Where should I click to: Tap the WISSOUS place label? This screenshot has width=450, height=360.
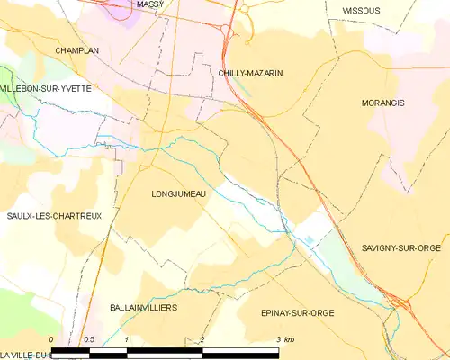[x=361, y=11]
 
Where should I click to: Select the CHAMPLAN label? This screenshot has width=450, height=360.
[x=76, y=51]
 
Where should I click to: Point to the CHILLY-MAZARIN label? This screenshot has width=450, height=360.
[x=250, y=72]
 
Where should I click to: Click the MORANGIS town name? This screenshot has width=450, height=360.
[x=382, y=103]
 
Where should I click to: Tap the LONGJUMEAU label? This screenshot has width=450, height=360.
[x=180, y=193]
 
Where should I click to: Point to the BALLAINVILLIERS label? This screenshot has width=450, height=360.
[x=143, y=308]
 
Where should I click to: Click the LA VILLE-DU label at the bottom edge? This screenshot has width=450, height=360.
[x=24, y=355]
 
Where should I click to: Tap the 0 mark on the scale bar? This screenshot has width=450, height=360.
[x=51, y=339]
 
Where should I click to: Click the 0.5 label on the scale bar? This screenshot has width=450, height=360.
[x=89, y=339]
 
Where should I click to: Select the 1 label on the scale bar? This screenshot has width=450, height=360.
[x=127, y=339]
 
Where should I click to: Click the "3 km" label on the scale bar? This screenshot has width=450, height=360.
[x=283, y=339]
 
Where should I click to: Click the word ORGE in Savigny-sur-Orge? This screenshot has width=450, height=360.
[x=434, y=247]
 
